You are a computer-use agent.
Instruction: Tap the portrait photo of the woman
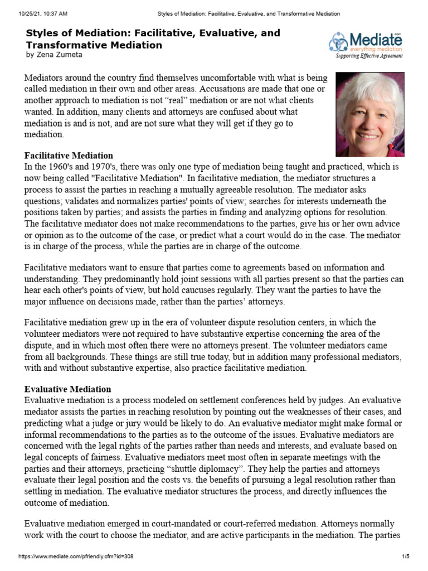point(369,114)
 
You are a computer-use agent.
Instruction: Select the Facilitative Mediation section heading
point(69,156)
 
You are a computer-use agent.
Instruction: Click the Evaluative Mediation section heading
point(67,389)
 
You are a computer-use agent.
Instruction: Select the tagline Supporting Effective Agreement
point(368,56)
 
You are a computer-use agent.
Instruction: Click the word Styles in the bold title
point(43,33)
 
